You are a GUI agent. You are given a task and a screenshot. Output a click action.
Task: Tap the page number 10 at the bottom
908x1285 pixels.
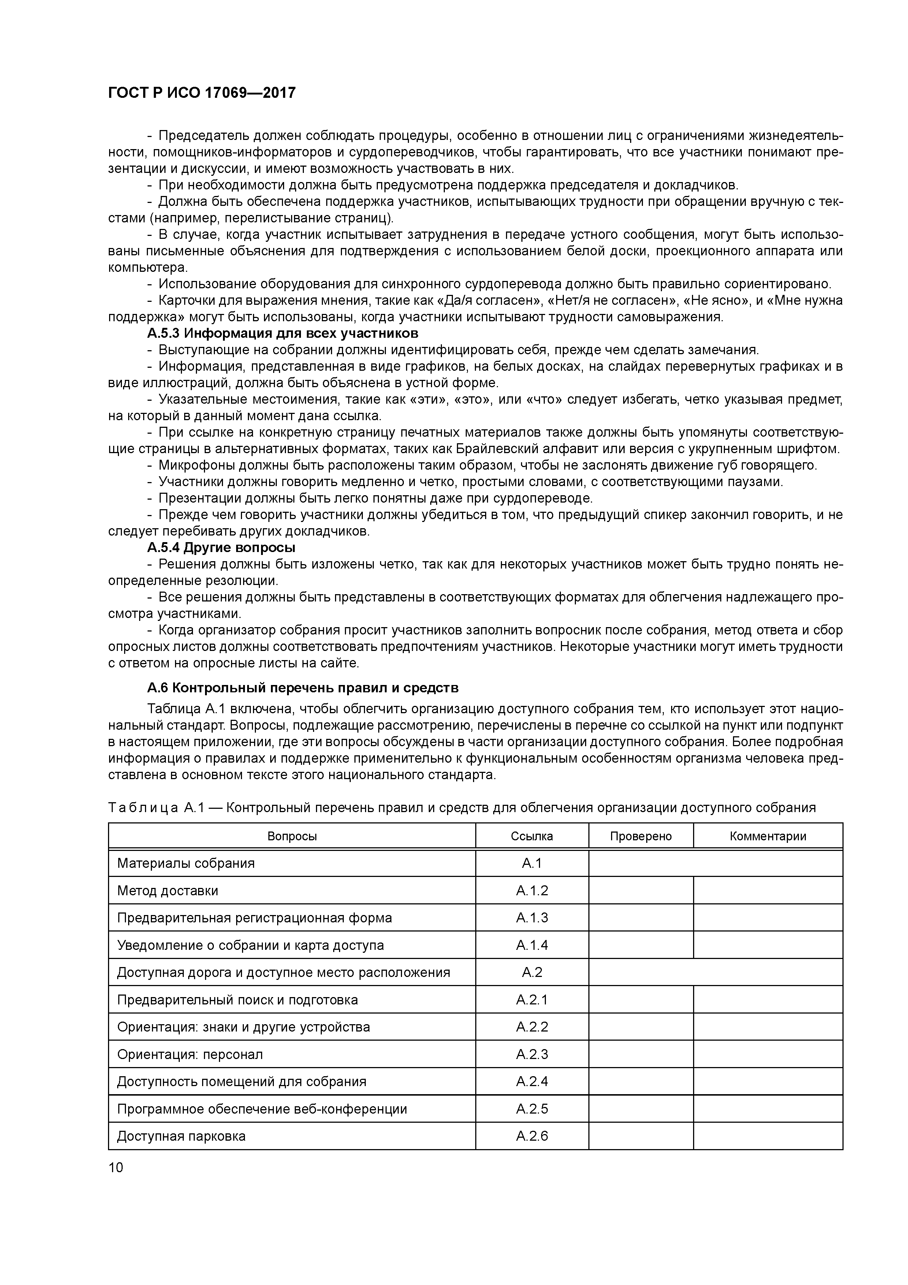pos(116,1167)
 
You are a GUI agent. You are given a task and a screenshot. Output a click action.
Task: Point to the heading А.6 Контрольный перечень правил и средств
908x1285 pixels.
pos(303,687)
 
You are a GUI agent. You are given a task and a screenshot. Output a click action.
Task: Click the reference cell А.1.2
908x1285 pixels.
pos(532,890)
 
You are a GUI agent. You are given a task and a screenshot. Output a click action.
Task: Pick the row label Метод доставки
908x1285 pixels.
pos(168,890)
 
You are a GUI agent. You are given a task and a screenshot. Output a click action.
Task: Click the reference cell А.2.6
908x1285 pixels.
pos(532,1136)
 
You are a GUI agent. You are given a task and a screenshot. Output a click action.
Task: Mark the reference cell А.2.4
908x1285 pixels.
pos(532,1081)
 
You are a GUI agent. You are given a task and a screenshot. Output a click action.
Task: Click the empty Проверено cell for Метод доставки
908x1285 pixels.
pos(641,890)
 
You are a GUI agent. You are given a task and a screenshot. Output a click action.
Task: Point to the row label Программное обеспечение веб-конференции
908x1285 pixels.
pos(262,1109)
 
